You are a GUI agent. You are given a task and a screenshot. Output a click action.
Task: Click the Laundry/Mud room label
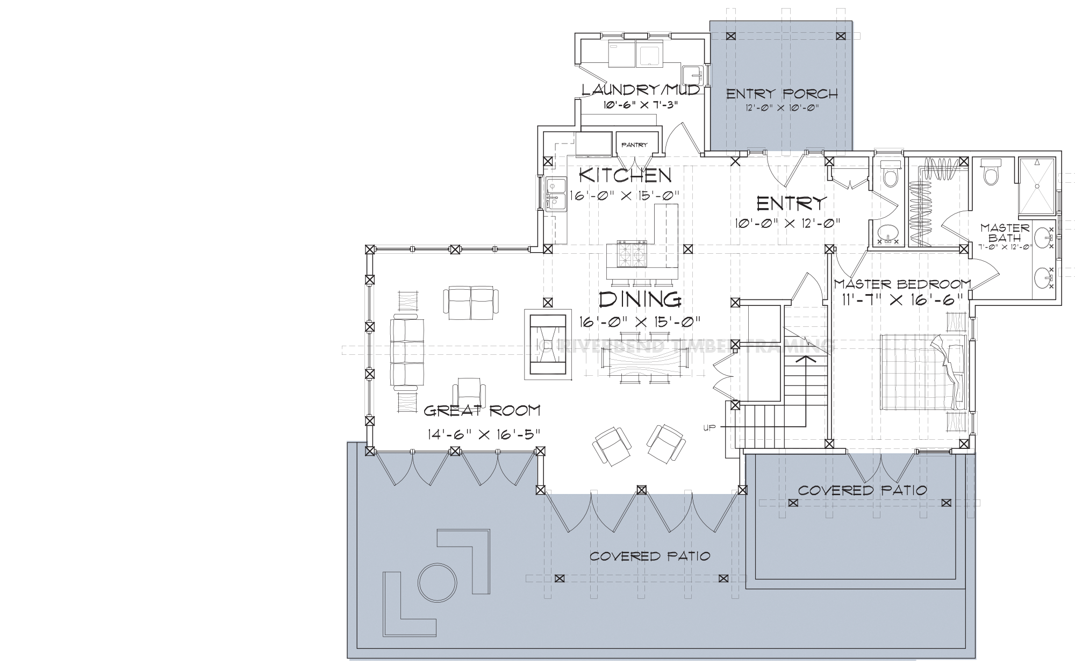point(641,89)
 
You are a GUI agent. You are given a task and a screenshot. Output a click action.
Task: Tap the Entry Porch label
point(782,94)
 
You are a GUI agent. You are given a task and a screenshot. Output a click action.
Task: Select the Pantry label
point(634,145)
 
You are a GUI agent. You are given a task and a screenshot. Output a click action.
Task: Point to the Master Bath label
point(1005,232)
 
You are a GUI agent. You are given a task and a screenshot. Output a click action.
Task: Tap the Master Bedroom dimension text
point(901,299)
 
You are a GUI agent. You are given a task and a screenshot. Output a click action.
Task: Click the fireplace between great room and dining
point(709,344)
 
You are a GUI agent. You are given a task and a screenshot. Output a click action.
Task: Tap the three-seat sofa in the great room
point(407,354)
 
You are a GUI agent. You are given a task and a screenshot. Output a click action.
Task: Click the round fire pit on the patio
point(438,582)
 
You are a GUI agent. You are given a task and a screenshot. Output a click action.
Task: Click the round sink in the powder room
point(887,233)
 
